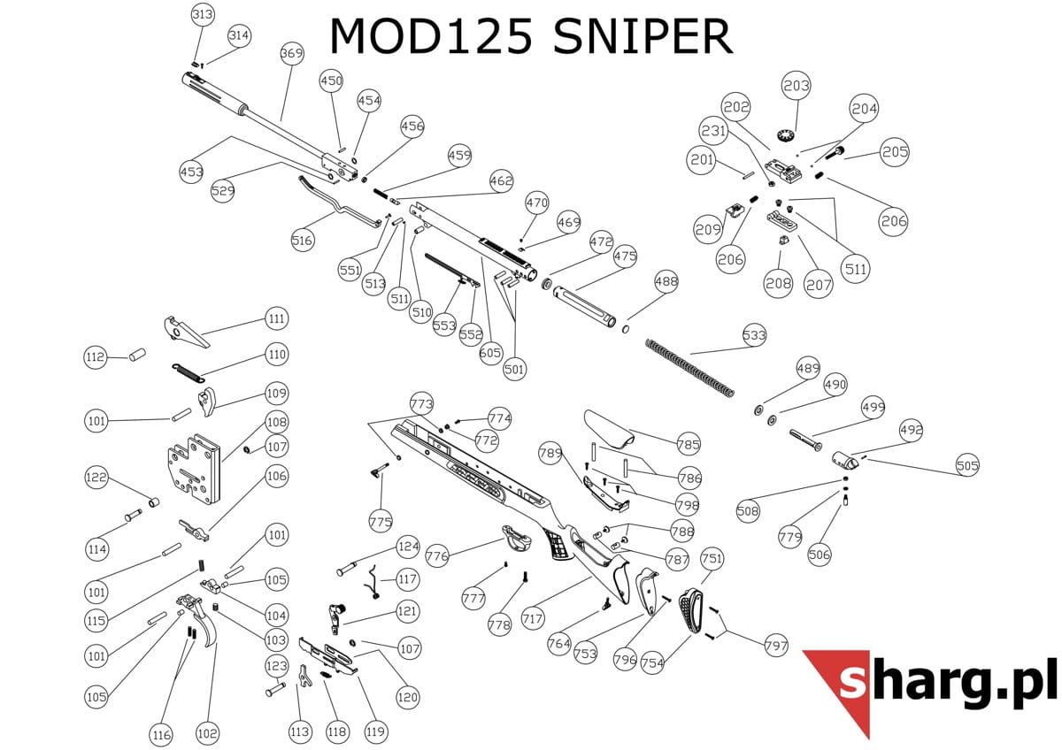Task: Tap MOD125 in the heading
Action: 431,37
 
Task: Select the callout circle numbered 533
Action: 754,336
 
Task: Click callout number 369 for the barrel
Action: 291,54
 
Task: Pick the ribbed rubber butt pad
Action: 692,611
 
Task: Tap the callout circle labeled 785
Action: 688,445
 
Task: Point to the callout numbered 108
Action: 276,423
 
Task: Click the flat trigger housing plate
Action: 193,470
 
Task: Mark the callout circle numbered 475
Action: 625,256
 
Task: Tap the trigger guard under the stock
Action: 515,536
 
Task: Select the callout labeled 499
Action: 873,408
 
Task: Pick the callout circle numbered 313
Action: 203,15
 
